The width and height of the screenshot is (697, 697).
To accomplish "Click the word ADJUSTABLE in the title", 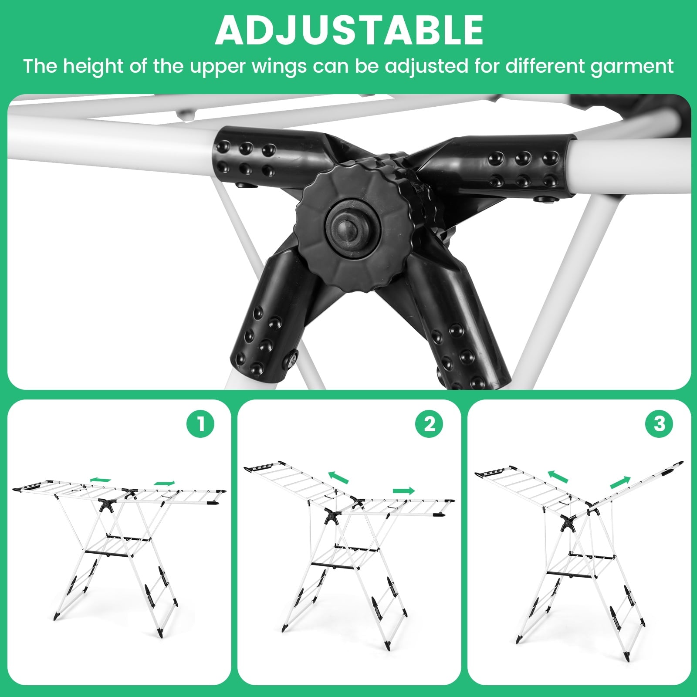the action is click(x=349, y=30).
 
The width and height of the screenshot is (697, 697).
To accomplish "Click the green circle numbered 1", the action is click(x=200, y=423).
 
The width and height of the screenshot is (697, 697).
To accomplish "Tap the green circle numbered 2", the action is click(x=430, y=423).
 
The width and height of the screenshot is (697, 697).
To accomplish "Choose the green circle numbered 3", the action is click(x=660, y=423).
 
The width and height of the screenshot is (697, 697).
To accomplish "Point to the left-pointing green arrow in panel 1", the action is click(x=100, y=480).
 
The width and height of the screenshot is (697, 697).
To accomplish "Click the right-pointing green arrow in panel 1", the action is click(x=164, y=483).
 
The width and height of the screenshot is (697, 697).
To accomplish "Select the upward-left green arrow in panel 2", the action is click(x=338, y=477).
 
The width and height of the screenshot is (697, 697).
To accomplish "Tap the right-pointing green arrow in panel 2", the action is click(x=404, y=491).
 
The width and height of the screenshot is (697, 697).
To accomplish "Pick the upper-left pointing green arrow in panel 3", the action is click(x=558, y=477).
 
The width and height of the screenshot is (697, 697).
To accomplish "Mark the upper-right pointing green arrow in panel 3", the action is click(x=620, y=483).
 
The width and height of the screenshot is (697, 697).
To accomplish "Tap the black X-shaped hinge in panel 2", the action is click(x=333, y=517).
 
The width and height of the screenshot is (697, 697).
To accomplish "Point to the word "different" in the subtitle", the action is click(x=545, y=66).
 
